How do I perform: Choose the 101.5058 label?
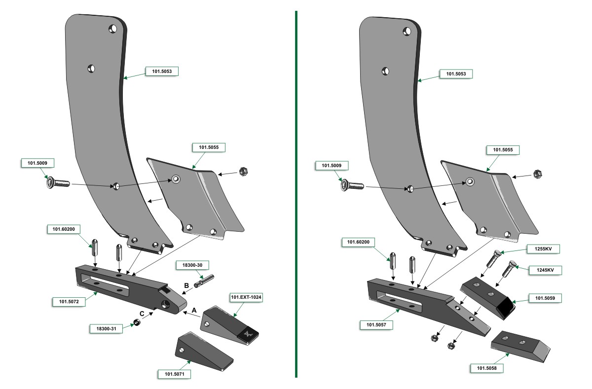tap(486, 368)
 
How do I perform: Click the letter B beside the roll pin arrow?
tap(186, 285)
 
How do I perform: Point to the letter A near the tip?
tap(194, 310)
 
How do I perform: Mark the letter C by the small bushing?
tap(142, 314)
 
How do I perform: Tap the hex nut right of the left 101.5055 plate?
tap(242, 172)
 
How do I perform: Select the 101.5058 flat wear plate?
tap(520, 345)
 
